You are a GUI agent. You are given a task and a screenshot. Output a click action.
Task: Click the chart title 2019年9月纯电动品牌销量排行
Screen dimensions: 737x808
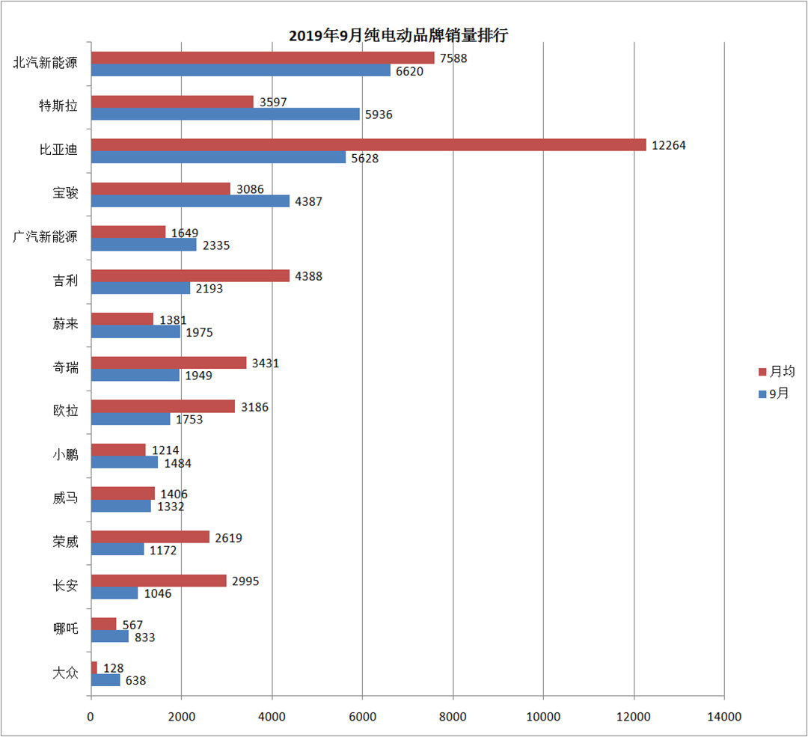[399, 35]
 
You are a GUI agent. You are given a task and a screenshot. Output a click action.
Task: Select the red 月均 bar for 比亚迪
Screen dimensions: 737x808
[368, 145]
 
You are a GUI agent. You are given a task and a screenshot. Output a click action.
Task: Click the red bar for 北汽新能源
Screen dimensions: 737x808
[263, 58]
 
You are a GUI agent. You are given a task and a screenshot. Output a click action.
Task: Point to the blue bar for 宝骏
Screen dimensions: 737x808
[190, 201]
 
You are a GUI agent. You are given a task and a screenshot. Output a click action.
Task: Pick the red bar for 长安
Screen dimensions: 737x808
[159, 581]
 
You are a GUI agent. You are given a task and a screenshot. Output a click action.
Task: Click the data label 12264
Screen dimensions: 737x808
[668, 145]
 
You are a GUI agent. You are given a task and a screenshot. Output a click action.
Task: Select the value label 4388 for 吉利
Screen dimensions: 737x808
[308, 276]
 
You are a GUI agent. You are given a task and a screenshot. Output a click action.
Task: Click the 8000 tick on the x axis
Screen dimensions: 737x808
[453, 717]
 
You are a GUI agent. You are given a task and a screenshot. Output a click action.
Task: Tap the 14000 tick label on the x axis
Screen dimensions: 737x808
[724, 717]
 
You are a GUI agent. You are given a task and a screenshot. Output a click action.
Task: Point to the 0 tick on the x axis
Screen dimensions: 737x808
[91, 717]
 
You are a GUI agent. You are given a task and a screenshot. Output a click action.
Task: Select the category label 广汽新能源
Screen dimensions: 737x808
[46, 237]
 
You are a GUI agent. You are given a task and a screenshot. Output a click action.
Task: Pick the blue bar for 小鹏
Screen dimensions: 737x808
[124, 462]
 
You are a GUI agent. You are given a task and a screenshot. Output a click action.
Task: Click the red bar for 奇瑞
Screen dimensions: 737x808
[168, 363]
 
